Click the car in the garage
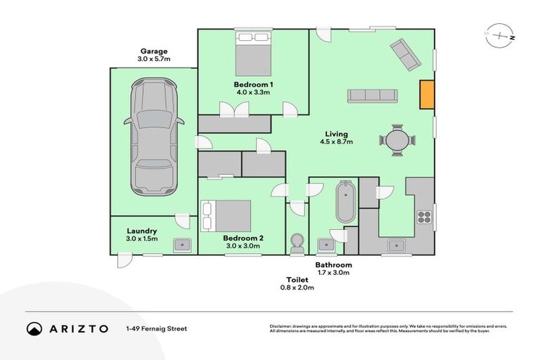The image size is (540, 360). [x=153, y=137]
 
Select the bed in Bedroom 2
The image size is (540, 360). [x=226, y=215]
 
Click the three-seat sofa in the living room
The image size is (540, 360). [x=372, y=96]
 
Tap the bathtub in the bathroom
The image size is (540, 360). [x=346, y=202]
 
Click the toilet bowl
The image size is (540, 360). [x=297, y=243]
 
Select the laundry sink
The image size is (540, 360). [x=183, y=244]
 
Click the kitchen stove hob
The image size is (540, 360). [x=425, y=215]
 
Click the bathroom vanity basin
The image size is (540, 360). [x=326, y=244]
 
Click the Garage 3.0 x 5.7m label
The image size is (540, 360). [x=154, y=56]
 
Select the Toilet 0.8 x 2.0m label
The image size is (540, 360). [x=295, y=283]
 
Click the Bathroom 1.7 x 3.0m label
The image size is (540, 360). [x=333, y=269]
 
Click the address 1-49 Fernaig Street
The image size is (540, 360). [x=156, y=328]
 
